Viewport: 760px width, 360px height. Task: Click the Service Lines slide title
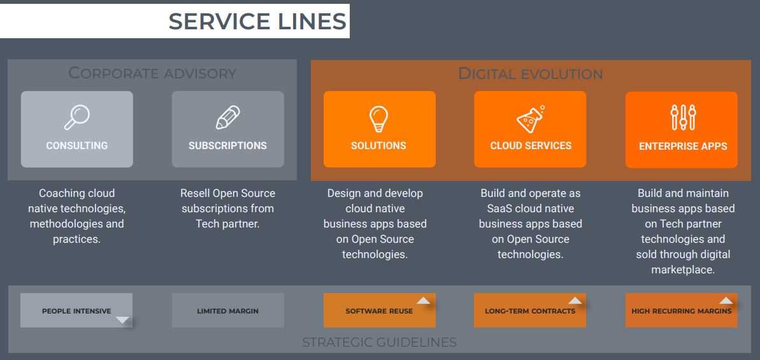click(x=257, y=22)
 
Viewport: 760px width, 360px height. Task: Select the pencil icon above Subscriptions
click(x=227, y=118)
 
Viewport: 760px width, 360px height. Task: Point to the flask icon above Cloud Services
click(x=530, y=119)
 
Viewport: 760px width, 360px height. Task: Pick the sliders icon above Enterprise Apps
click(x=683, y=118)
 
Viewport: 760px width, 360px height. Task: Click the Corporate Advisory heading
click(x=152, y=73)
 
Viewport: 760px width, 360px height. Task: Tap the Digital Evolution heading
click(x=530, y=74)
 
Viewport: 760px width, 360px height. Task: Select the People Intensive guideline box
click(x=76, y=311)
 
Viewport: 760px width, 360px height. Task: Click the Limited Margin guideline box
click(x=227, y=311)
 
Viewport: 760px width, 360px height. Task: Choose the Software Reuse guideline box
click(x=379, y=311)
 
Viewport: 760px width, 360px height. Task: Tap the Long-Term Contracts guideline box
click(x=530, y=311)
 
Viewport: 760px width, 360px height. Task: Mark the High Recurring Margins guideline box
click(x=681, y=311)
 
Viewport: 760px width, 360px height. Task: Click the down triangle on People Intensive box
click(x=123, y=320)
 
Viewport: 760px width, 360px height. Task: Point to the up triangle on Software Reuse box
click(x=424, y=301)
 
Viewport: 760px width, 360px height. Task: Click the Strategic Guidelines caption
click(x=379, y=342)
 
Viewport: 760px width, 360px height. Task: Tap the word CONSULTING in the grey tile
click(x=77, y=146)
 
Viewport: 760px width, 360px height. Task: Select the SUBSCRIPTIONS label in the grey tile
click(x=227, y=146)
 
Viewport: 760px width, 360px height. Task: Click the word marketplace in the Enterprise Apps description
click(x=683, y=270)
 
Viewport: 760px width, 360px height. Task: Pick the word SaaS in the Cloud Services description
click(x=495, y=208)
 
